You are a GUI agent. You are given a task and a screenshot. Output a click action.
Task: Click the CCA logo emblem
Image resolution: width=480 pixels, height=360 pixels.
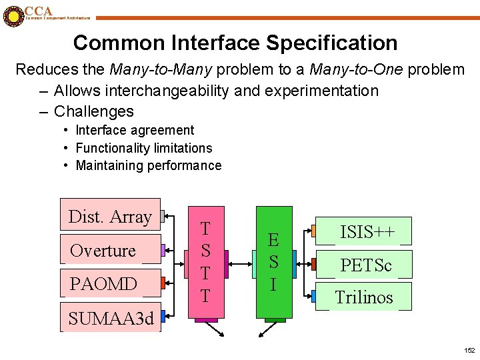tap(13, 16)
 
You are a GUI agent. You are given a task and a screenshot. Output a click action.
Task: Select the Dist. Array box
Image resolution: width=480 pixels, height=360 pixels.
tap(110, 215)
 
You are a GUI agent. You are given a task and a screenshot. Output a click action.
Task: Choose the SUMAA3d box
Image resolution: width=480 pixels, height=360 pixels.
tap(111, 319)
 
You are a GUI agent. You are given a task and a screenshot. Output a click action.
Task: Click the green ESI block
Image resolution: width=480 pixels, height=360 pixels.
tap(273, 262)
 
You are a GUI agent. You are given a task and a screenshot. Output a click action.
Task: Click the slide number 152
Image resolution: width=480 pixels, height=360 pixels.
tap(469, 350)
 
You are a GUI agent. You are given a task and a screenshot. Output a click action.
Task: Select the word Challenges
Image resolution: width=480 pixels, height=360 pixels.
tap(94, 111)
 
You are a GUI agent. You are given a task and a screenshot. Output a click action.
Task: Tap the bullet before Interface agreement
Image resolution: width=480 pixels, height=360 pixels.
tap(67, 130)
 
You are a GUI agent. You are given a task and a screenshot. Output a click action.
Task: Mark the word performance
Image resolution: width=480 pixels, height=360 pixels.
tap(181, 165)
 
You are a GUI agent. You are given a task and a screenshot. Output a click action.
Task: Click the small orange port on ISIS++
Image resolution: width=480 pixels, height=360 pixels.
tap(313, 232)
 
